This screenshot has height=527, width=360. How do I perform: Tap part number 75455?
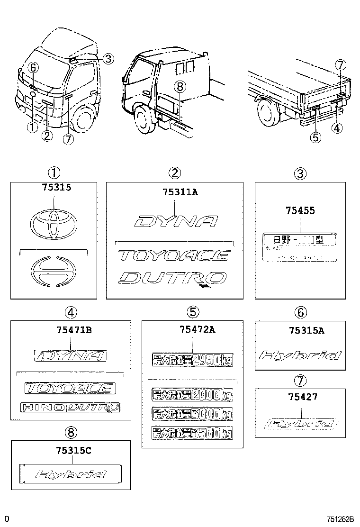click(x=300, y=211)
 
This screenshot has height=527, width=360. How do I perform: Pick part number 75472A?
click(x=193, y=330)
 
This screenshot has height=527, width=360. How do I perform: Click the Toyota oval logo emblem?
click(x=54, y=225)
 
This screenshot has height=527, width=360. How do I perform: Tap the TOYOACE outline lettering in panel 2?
click(x=173, y=256)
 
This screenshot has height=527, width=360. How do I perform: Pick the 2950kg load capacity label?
click(x=192, y=361)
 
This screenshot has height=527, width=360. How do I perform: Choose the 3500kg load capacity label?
click(x=192, y=432)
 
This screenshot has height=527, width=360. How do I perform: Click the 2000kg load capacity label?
click(x=192, y=394)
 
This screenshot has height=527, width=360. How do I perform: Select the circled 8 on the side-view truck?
click(x=178, y=86)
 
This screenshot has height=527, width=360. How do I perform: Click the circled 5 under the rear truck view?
click(x=315, y=137)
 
